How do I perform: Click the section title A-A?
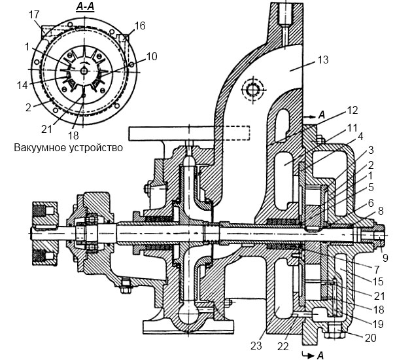85,7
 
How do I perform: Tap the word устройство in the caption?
96,147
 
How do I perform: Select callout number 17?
34,14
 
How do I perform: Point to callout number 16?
140,26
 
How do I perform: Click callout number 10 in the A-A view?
152,56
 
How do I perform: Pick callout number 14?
22,85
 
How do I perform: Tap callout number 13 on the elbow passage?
323,60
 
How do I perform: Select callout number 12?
352,110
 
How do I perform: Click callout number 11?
352,128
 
